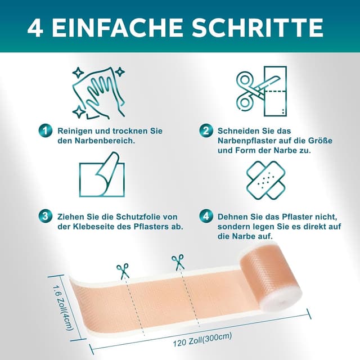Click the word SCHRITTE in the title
258,28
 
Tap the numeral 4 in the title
35,28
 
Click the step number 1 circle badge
45,130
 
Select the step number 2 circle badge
206,130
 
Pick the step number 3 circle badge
45,216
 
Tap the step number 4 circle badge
206,216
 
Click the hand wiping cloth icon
99,93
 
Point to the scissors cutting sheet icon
262,91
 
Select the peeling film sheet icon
102,174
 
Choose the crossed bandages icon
266,180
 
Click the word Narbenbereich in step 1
105,141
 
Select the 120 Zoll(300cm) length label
202,340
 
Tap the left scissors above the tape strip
123,271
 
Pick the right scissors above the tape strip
178,263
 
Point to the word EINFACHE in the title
118,28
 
